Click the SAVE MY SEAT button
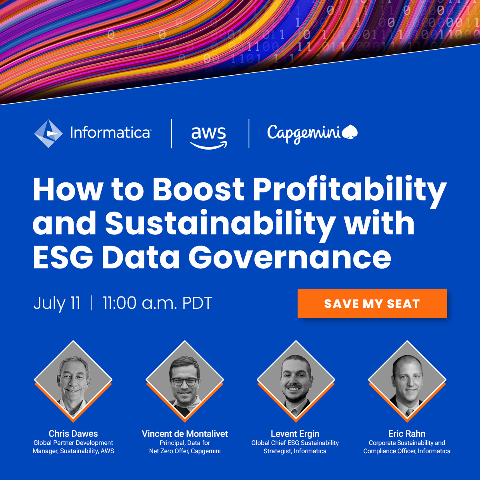tap(372, 304)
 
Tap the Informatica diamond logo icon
tap(48, 134)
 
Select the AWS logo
tap(208, 136)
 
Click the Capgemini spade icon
tap(350, 132)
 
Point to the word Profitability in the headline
tap(349, 189)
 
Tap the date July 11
tap(57, 303)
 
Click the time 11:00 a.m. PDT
tap(157, 303)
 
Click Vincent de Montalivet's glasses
tap(184, 381)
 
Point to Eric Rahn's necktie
tap(409, 412)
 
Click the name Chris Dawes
tap(73, 434)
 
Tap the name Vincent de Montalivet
tap(185, 434)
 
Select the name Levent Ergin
tap(295, 434)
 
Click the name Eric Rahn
tap(407, 434)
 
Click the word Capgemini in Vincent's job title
tap(206, 451)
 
